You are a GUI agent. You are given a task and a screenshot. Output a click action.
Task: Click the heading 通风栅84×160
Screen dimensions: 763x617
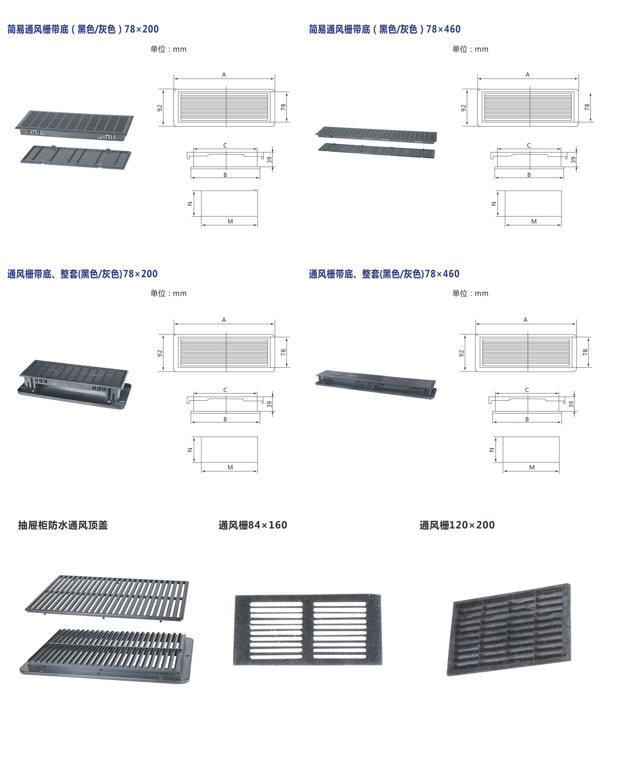click(252, 525)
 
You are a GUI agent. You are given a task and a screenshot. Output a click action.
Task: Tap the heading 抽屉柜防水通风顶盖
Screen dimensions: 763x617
click(63, 525)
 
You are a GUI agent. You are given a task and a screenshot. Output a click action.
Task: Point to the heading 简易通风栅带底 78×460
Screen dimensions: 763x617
click(384, 29)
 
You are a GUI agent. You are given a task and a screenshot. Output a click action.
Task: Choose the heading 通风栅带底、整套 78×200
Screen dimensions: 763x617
click(82, 274)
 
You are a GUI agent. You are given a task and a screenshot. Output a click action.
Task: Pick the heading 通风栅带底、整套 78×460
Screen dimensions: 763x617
click(384, 274)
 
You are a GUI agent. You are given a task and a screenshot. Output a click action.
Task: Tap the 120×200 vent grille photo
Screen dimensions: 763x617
click(509, 630)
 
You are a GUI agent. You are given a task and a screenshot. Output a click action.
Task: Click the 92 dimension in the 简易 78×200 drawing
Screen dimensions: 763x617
click(160, 108)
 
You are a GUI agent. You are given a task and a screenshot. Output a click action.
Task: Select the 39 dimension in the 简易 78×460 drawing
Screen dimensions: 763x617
click(573, 160)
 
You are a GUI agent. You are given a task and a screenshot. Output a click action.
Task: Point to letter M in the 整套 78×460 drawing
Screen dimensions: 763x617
click(532, 467)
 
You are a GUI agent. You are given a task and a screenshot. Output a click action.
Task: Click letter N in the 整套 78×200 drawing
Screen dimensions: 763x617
click(190, 450)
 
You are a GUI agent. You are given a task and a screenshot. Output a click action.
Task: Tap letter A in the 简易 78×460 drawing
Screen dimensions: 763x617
click(527, 75)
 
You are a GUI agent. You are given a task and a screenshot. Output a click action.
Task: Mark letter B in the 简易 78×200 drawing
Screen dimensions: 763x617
click(225, 175)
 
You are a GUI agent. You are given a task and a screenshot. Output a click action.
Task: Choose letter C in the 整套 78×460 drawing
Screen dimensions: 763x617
click(527, 390)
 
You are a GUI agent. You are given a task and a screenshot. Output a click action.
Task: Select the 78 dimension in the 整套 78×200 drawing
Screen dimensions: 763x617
click(283, 352)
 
